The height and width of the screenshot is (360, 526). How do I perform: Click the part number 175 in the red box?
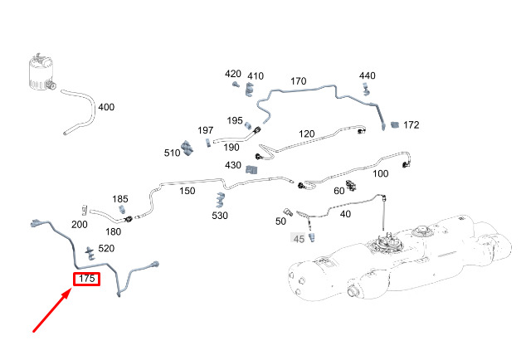point(87,279)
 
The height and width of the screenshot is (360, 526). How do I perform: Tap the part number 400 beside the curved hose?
point(106,107)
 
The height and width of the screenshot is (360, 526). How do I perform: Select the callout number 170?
point(298,80)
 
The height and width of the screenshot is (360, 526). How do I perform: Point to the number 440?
point(368,75)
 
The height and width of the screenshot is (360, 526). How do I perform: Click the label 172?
point(412,124)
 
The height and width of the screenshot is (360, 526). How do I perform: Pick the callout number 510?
point(172,153)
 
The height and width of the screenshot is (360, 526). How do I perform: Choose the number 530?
point(220,216)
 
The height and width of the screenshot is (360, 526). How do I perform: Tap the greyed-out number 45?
point(299,239)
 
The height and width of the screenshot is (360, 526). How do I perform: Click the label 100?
point(381,173)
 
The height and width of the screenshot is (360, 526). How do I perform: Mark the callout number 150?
point(188,191)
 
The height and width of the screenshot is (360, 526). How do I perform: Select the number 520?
point(106,248)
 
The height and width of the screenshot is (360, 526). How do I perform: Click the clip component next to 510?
point(187,148)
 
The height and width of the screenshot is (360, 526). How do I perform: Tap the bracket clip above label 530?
point(220,200)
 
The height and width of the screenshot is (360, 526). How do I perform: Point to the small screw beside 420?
point(236,84)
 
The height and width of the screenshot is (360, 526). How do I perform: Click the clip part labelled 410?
point(250,89)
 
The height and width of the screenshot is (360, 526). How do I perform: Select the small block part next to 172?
point(395,124)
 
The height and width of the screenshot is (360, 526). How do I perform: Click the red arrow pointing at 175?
point(51,311)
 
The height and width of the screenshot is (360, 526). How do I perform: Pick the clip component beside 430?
point(251,169)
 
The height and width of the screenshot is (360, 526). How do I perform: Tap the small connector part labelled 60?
point(351,185)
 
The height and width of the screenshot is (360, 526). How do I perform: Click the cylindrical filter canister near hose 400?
point(41,73)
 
